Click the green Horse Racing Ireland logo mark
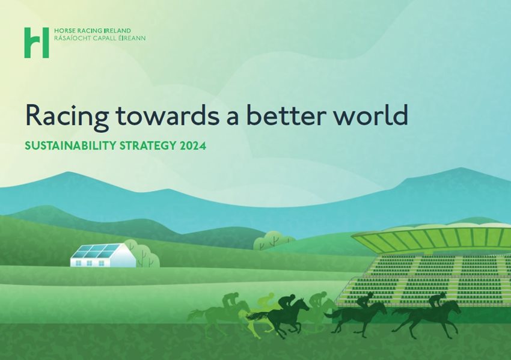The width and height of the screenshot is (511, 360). [37, 43]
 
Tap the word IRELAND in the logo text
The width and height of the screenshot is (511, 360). [117, 31]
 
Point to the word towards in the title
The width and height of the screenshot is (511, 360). [168, 115]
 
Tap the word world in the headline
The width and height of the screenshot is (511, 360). [370, 115]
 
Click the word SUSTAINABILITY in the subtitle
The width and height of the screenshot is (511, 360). [70, 145]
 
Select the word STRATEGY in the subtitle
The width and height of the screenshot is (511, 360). [148, 145]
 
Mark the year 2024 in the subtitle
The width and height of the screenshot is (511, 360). [192, 145]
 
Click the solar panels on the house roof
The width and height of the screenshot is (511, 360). [96, 251]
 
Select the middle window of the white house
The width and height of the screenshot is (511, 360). [90, 263]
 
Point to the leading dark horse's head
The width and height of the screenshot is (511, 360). [454, 307]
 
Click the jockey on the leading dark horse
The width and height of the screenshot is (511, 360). [436, 301]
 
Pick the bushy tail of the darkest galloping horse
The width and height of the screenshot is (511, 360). [257, 316]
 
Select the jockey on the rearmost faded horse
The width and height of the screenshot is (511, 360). [230, 300]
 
